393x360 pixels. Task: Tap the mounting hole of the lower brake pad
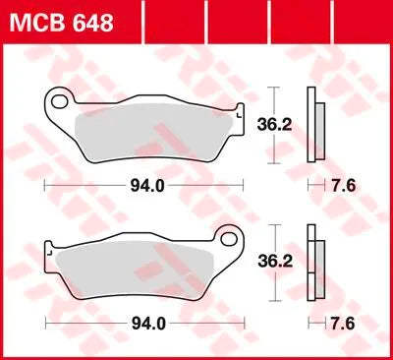(230, 239)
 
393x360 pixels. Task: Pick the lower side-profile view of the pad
(315, 265)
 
